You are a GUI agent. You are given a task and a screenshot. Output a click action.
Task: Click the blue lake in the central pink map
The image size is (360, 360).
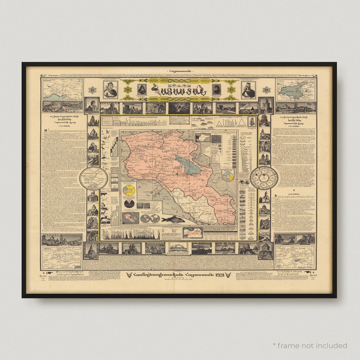(187, 164)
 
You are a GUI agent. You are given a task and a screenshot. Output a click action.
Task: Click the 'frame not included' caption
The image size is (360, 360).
(310, 345)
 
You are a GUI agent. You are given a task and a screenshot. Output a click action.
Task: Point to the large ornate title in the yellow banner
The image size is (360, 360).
(180, 90)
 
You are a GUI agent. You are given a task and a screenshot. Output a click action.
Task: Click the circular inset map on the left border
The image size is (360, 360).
(93, 178)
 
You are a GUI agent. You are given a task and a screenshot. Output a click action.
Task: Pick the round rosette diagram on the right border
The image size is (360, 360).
(264, 178)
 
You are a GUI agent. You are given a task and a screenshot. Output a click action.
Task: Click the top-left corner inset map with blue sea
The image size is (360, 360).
(63, 89)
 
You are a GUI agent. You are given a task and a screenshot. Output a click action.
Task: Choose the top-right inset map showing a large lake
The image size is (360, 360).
(295, 89)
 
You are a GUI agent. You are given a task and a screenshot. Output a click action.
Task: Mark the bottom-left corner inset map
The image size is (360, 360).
(62, 257)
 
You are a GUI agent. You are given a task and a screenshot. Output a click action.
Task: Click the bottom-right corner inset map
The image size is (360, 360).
(295, 257)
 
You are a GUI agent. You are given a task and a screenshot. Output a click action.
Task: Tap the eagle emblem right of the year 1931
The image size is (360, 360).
(228, 275)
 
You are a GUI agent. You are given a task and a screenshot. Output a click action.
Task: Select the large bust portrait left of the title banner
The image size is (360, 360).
(110, 89)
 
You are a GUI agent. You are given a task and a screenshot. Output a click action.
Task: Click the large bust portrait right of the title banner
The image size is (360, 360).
(248, 89)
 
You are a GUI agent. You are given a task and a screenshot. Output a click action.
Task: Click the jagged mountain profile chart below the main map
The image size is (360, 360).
(131, 234)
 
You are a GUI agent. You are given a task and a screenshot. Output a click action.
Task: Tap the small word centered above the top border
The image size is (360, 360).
(180, 71)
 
